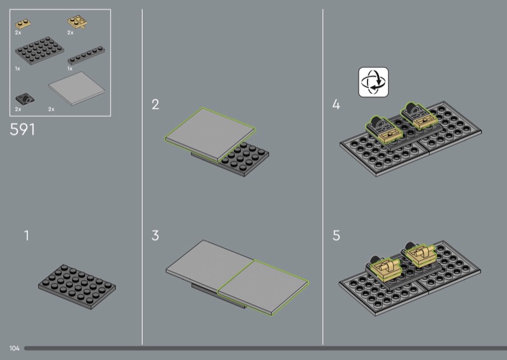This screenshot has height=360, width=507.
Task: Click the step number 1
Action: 27,236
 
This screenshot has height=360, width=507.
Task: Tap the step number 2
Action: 155,105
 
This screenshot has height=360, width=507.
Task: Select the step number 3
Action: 155,236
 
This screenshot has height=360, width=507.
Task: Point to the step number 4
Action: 337,105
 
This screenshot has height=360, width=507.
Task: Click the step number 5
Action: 337,236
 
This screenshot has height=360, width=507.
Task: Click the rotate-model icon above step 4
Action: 373,82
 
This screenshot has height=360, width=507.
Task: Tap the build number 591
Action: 22,129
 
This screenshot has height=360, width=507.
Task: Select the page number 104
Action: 14,349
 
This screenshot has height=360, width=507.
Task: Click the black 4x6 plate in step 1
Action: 77,286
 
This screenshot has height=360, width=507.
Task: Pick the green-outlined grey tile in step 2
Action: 210,134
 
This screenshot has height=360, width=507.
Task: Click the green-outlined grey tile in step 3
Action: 263,287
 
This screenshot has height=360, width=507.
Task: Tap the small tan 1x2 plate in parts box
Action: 23,24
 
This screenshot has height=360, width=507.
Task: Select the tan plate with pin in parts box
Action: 77,22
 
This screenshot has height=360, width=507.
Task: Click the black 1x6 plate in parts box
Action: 86,56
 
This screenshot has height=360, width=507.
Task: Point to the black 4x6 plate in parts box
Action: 39,51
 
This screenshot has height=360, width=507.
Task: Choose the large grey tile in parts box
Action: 77,88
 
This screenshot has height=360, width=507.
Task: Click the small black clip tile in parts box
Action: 25,99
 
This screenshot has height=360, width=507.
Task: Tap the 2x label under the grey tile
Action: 51,109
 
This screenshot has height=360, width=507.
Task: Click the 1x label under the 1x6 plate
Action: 70,68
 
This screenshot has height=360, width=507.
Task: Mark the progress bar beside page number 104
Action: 266,349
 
